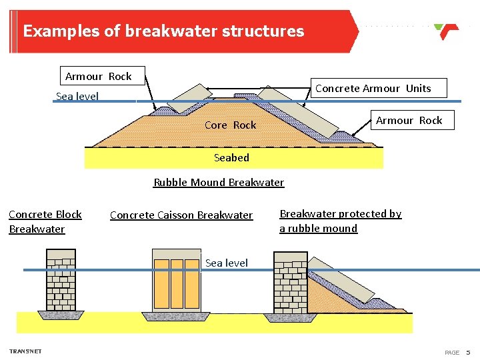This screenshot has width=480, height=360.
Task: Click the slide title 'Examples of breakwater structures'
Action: tap(163, 31)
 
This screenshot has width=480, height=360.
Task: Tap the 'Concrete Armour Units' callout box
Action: tap(373, 88)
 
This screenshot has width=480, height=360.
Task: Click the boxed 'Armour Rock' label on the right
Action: tap(409, 120)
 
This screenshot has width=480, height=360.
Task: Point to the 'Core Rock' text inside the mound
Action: tap(230, 125)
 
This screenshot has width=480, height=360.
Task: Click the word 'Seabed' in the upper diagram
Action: tap(231, 158)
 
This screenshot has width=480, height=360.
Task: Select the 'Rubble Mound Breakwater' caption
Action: tap(219, 183)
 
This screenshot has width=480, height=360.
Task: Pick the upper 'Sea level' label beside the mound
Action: tap(77, 97)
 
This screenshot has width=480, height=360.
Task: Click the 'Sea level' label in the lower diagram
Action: tap(226, 263)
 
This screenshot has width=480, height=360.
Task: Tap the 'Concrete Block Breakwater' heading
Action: tap(45, 221)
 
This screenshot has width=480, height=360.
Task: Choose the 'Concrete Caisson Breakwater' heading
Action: tap(181, 215)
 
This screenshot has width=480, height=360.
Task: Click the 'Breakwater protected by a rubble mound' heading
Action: tap(340, 221)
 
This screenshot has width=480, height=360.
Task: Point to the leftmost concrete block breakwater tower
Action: tap(61, 280)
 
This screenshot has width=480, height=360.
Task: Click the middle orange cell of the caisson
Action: tap(176, 283)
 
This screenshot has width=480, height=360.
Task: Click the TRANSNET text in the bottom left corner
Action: tap(25, 351)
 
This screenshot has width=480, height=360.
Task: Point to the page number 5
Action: tap(468, 352)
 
